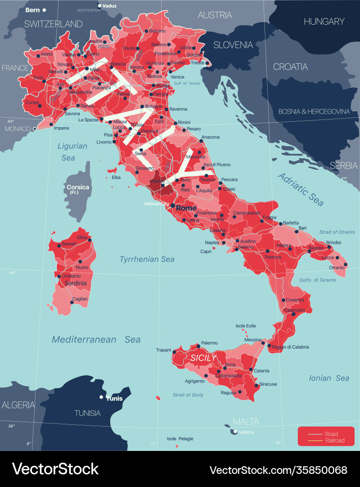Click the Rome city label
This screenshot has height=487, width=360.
tap(186, 208)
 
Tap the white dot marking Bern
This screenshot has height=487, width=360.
tap(44, 10)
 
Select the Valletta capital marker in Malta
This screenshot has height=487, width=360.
tap(235, 432)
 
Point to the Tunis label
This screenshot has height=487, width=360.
tap(114, 399)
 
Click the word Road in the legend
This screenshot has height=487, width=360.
tap(331, 434)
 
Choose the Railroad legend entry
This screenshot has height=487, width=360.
tap(334, 441)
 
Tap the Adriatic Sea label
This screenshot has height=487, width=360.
tap(301, 189)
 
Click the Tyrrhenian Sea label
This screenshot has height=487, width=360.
tap(146, 259)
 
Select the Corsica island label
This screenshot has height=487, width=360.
tap(78, 187)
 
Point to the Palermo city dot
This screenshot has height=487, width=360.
tap(198, 346)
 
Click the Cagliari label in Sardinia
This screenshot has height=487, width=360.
tap(81, 299)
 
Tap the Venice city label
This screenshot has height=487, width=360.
tap(177, 77)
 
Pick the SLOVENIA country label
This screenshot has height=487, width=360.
tap(233, 45)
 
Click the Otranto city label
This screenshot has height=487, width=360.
tap(336, 268)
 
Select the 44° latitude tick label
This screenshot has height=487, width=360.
tap(10, 121)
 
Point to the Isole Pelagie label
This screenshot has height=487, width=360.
tap(180, 439)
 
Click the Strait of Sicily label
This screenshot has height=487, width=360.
tap(188, 395)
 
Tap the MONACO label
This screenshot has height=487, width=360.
tap(17, 129)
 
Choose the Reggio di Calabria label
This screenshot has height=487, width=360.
tap(291, 347)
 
